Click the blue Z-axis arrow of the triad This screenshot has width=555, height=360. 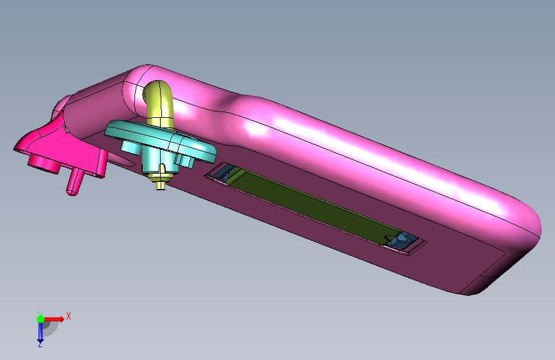click(40, 332)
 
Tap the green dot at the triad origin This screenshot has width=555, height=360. click(40, 319)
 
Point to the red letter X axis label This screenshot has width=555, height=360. click(68, 316)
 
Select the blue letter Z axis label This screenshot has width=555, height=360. click(40, 344)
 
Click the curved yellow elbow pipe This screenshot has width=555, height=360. click(159, 102)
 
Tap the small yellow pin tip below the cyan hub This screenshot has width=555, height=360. click(161, 185)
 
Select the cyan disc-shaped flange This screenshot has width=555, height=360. click(160, 139)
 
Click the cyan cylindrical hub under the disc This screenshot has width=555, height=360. click(155, 160)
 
